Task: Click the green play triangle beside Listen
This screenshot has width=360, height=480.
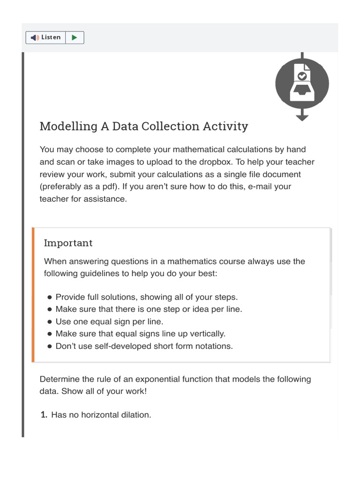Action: click(x=75, y=37)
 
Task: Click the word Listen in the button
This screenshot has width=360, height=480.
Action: click(x=51, y=37)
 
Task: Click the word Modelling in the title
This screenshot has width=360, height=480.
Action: click(x=65, y=126)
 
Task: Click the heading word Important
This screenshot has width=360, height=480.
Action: click(x=68, y=243)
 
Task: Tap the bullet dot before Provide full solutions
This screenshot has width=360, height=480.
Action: click(x=49, y=297)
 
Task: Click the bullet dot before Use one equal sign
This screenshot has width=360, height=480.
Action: click(x=49, y=322)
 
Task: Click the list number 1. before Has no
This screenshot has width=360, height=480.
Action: click(x=44, y=415)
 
